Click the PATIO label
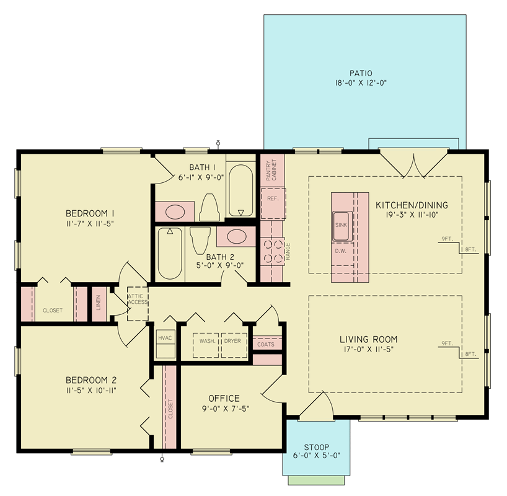coord(364,73)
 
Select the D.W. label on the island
coord(340,251)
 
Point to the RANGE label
coord(288,251)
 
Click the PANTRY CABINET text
coord(271,170)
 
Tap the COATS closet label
coord(266,344)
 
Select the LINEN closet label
coord(99,303)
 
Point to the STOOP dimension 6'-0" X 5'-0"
coord(317,456)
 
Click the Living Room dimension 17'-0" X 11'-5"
coord(368,350)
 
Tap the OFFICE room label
coord(224,398)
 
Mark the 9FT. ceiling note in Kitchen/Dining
coord(447,239)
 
